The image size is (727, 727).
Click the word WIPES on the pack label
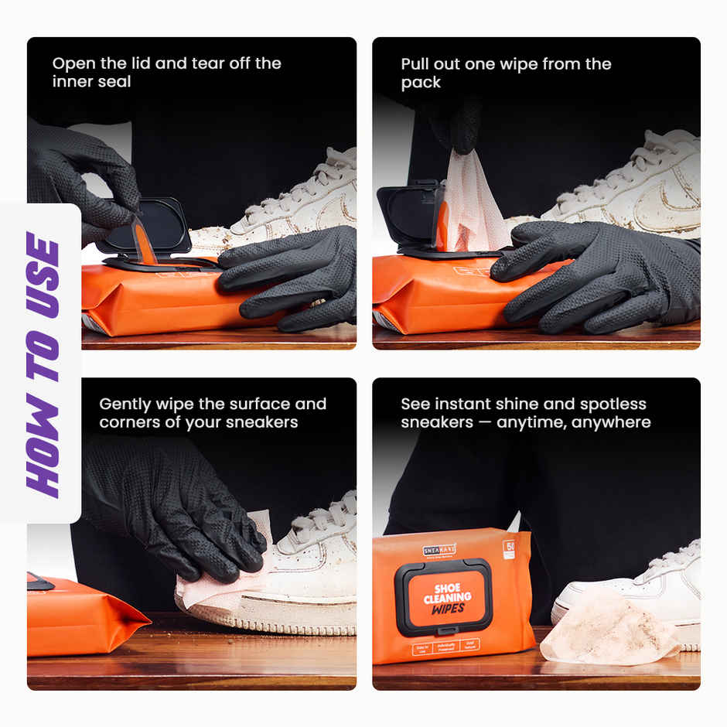(x=449, y=608)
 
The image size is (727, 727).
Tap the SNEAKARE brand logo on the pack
(x=439, y=549)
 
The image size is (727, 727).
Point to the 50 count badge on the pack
(x=509, y=548)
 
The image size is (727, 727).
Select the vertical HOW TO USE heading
(x=43, y=363)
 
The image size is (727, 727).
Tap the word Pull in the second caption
(x=417, y=64)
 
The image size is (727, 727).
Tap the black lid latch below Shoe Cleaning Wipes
(x=443, y=630)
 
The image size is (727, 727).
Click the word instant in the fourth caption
(x=465, y=404)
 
